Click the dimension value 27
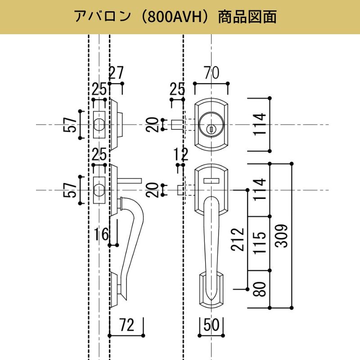pyautogui.click(x=116, y=73)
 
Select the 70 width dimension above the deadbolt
pyautogui.click(x=211, y=73)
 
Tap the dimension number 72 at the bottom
pyautogui.click(x=127, y=325)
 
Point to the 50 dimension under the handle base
pyautogui.click(x=211, y=325)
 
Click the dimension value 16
pyautogui.click(x=102, y=234)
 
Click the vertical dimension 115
pyautogui.click(x=261, y=243)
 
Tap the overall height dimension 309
pyautogui.click(x=282, y=235)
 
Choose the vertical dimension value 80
pyautogui.click(x=261, y=289)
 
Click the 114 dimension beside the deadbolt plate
pyautogui.click(x=261, y=125)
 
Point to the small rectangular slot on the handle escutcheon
pyautogui.click(x=211, y=180)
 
